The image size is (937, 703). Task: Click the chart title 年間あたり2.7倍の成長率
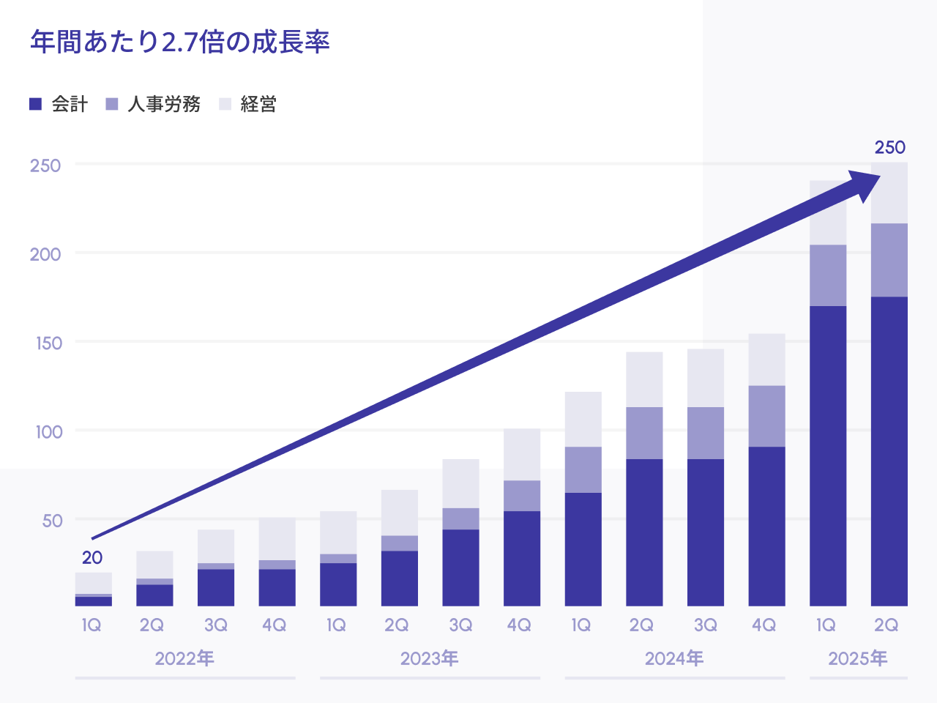point(180,42)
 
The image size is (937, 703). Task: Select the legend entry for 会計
point(59,104)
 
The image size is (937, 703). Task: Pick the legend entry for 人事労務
point(153,104)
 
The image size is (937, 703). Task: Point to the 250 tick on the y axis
point(45,165)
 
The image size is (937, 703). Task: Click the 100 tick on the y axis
point(49,431)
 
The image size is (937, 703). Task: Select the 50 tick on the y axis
point(52,521)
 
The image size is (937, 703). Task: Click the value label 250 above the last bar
point(890,148)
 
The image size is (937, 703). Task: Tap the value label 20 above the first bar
point(92,558)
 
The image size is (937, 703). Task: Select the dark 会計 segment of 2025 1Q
point(828,454)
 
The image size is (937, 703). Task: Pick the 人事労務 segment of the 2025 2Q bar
point(889,260)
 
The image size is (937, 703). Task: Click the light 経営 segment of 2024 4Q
point(766,360)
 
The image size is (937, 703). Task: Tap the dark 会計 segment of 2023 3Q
point(461,568)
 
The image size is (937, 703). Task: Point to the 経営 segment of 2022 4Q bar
point(277,539)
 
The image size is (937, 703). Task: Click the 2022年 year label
point(184,658)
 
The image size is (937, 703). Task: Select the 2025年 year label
point(858,658)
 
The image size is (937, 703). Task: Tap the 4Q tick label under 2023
point(520,625)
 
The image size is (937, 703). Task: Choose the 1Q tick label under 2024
point(581,625)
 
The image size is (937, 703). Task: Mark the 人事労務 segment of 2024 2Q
point(644,433)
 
